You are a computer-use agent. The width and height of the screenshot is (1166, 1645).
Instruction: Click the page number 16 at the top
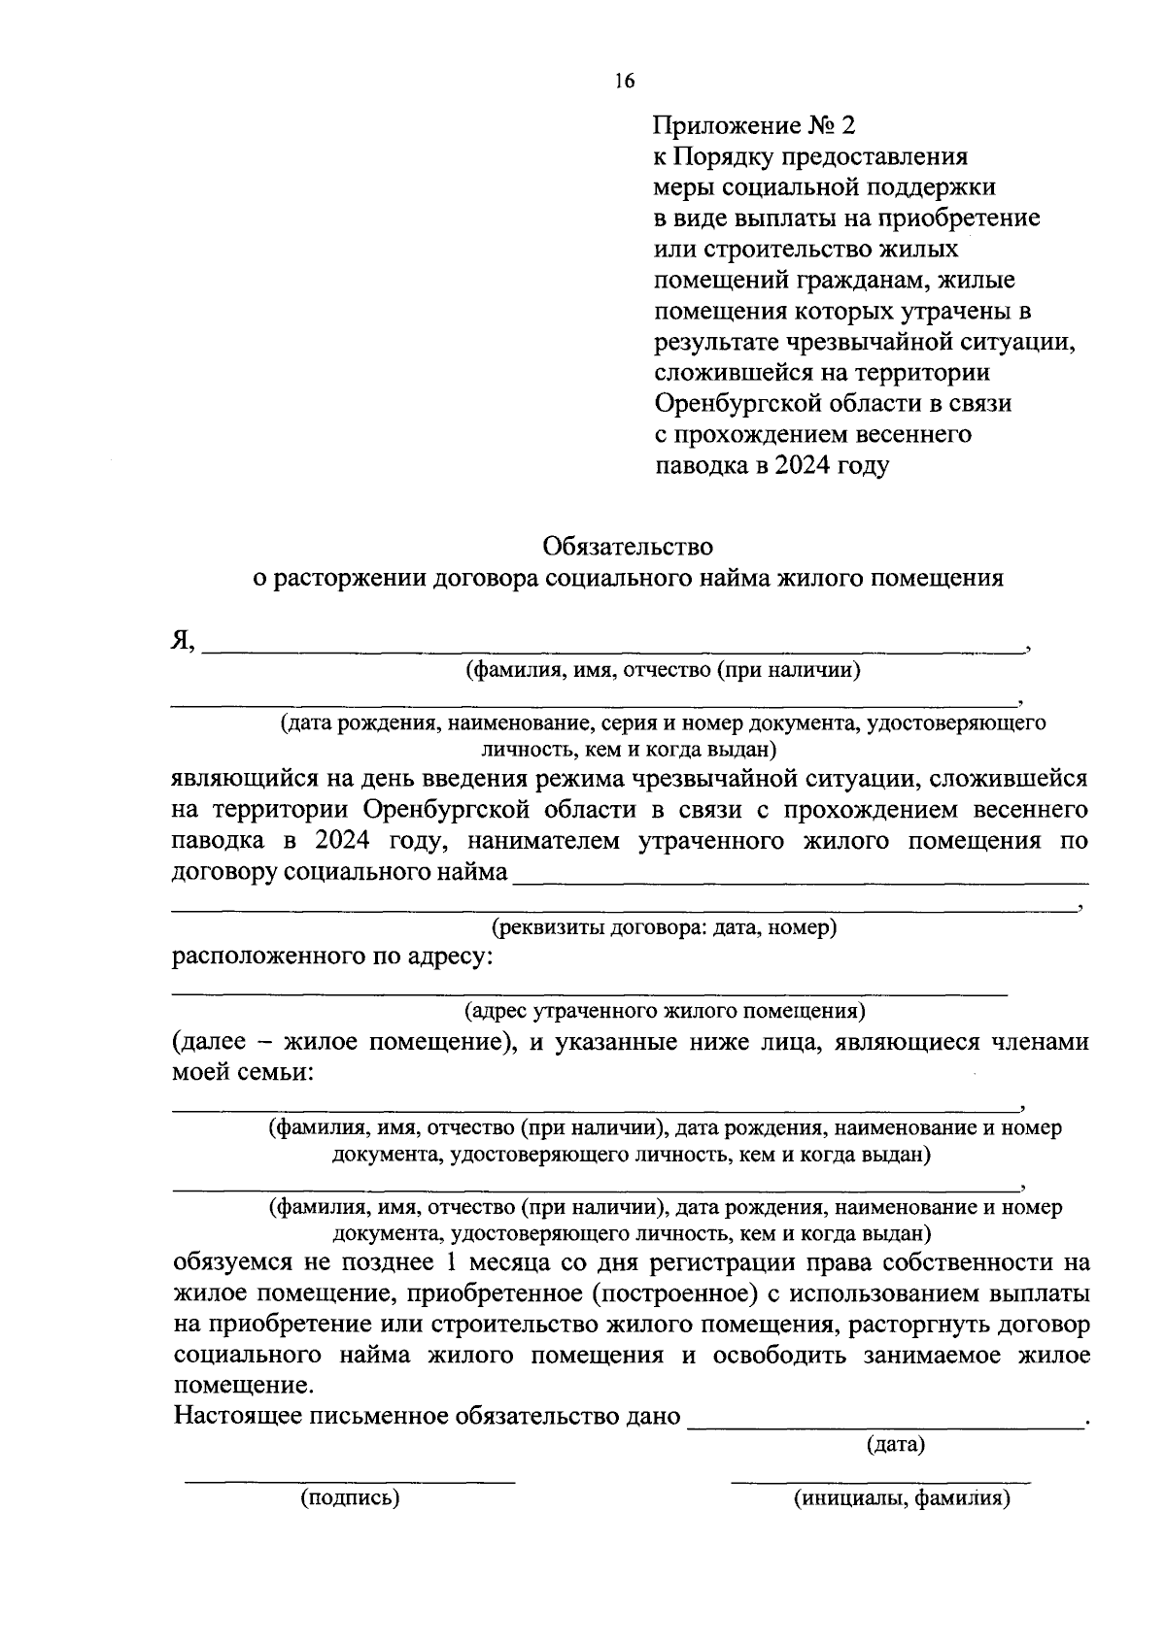click(x=624, y=81)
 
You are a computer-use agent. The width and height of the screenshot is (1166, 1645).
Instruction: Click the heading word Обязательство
click(x=629, y=547)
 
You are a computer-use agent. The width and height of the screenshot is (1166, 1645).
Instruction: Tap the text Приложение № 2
click(x=756, y=125)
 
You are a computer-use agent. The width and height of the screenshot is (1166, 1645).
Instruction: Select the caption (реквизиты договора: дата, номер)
click(x=665, y=927)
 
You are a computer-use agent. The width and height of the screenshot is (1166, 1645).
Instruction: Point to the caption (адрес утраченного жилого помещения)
click(x=665, y=1012)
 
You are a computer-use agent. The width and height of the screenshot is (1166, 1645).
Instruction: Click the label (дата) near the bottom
click(x=895, y=1444)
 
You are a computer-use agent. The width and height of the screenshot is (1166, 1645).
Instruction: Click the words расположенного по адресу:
click(x=332, y=957)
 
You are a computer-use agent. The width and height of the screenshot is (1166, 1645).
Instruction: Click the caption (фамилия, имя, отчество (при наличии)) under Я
click(x=664, y=670)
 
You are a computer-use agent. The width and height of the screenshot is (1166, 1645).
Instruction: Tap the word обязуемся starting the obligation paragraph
click(x=232, y=1262)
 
